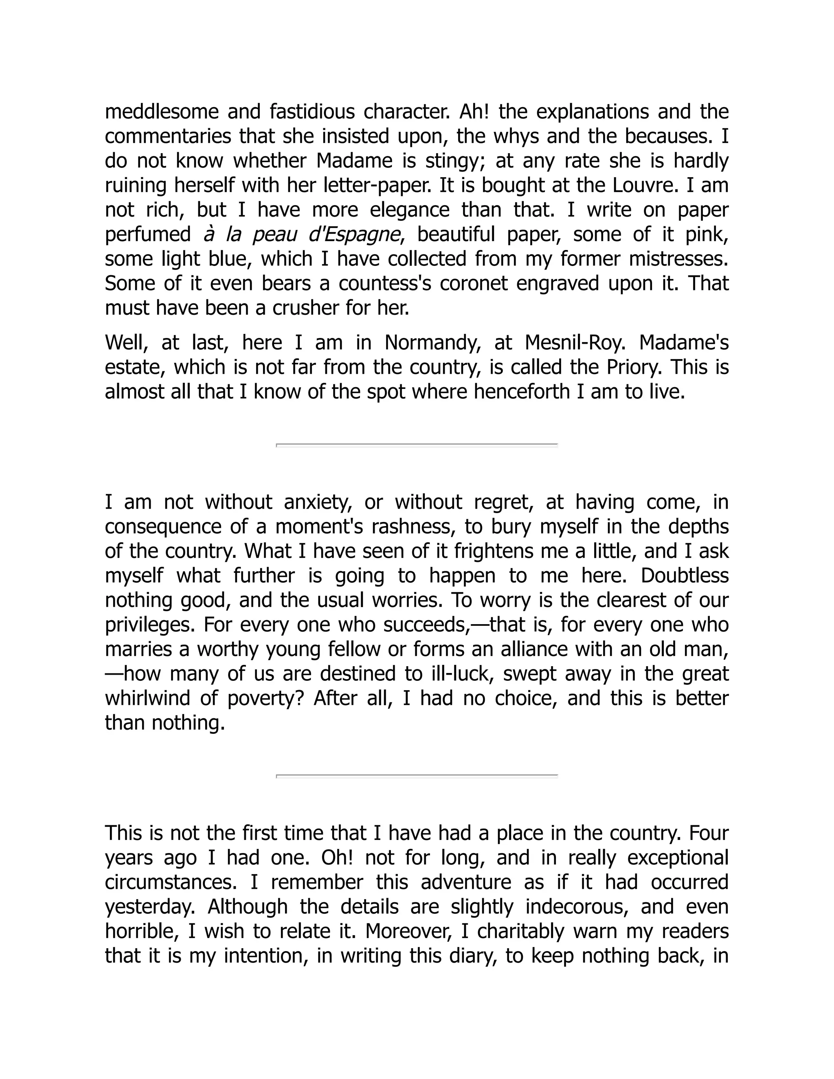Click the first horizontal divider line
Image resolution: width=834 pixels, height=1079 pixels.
417,445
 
